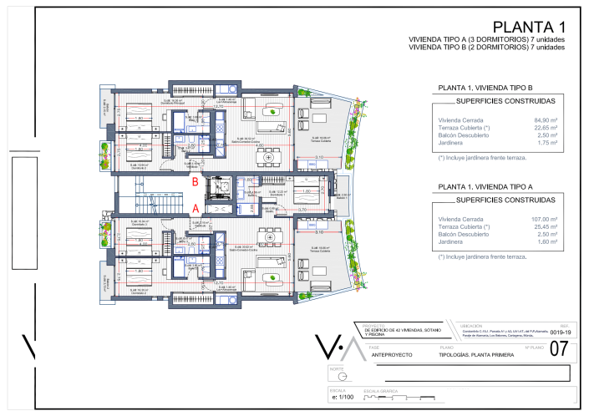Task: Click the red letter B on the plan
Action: pos(195,179)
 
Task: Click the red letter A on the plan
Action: pos(195,208)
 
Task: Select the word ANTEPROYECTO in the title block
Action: pos(392,355)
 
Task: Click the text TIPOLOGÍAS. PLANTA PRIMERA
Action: pos(476,355)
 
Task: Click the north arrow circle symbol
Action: pos(343,377)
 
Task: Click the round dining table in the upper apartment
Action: pos(268,157)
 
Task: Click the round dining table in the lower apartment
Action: pos(268,238)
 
